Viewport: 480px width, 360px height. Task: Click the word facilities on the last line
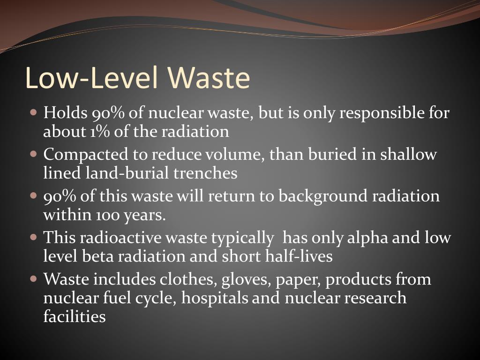74,317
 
